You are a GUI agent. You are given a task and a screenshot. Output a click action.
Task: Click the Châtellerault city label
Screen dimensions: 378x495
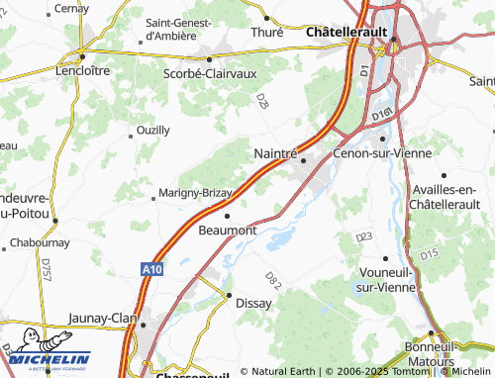346,33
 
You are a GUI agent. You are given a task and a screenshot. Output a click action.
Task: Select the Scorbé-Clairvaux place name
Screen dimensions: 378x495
210,72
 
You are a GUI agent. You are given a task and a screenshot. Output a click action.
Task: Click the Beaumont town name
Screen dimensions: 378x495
229,230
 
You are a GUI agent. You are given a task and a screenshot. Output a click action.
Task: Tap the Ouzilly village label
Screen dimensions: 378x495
151,130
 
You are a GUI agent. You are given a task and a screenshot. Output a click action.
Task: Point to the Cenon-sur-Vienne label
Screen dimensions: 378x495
376,153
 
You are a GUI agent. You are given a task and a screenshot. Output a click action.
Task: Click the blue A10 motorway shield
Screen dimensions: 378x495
150,268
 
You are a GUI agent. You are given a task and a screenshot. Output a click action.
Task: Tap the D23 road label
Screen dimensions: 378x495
363,236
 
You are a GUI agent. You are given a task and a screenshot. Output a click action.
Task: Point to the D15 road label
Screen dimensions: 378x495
428,255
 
